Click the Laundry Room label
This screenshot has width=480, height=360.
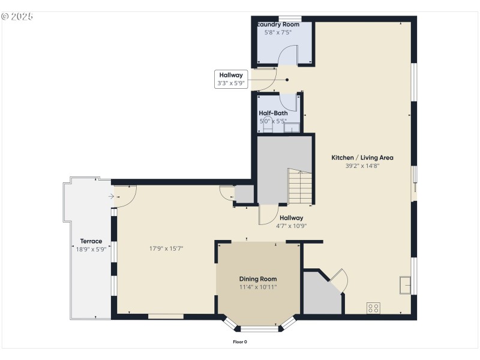click(x=278, y=24)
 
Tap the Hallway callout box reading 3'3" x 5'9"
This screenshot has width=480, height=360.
click(x=231, y=79)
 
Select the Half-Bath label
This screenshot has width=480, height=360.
click(x=273, y=113)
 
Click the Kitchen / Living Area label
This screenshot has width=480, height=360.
click(x=362, y=158)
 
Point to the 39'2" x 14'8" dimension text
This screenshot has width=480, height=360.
click(x=362, y=166)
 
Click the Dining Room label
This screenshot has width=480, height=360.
click(x=258, y=279)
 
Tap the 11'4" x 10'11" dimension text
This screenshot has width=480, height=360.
click(x=258, y=287)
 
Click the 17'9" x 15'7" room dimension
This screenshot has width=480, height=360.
click(x=166, y=248)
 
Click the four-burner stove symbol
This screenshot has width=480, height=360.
click(x=373, y=308)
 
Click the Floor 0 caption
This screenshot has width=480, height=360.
click(x=240, y=342)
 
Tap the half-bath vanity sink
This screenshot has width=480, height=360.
click(x=292, y=127)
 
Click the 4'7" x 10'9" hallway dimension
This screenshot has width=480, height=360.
click(x=291, y=226)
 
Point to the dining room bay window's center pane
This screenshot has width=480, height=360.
click(x=259, y=329)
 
